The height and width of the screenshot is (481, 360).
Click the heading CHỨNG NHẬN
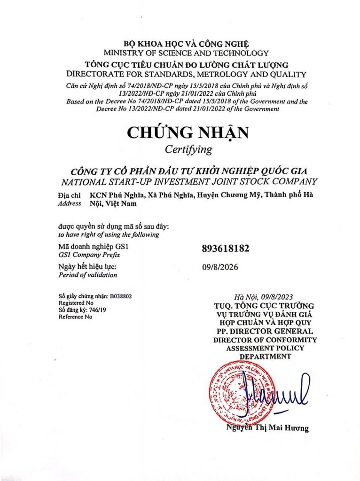click(188, 133)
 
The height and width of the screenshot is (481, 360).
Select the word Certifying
click(188, 150)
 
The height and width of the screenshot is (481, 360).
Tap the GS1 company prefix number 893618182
click(225, 248)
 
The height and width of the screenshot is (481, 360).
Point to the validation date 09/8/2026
click(219, 267)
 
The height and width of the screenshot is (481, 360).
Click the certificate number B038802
click(121, 296)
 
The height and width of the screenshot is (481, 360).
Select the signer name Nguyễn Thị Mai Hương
click(267, 428)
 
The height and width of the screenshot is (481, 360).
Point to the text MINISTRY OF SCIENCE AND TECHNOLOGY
click(187, 53)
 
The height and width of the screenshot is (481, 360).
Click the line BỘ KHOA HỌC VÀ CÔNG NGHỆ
click(187, 44)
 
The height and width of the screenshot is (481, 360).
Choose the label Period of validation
click(87, 275)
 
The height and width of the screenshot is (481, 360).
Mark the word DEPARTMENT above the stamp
click(265, 357)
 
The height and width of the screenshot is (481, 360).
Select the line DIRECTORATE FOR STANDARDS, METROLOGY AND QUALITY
click(187, 74)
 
